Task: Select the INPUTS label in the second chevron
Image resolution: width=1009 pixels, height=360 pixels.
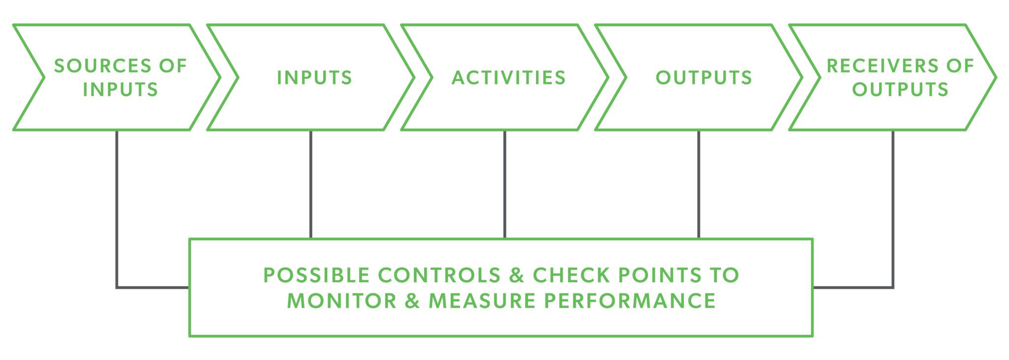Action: pyautogui.click(x=314, y=77)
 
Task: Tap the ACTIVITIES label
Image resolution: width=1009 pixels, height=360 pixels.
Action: pyautogui.click(x=508, y=77)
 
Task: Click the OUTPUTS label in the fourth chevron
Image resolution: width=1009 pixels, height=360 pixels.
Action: pyautogui.click(x=704, y=77)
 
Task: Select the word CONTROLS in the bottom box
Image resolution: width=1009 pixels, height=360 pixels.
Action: pyautogui.click(x=439, y=275)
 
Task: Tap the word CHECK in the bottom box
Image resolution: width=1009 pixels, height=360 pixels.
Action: pyautogui.click(x=571, y=275)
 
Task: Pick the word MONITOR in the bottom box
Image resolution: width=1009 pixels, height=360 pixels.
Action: pyautogui.click(x=341, y=300)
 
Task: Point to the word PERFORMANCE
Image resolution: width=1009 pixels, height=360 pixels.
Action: pyautogui.click(x=630, y=300)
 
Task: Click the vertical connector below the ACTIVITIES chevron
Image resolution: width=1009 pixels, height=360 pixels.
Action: pyautogui.click(x=504, y=184)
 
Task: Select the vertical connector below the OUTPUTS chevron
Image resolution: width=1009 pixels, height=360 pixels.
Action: pyautogui.click(x=699, y=184)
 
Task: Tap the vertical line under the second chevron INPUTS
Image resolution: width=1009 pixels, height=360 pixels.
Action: pyautogui.click(x=310, y=184)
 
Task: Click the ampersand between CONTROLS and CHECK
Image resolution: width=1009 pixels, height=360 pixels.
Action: pyautogui.click(x=517, y=275)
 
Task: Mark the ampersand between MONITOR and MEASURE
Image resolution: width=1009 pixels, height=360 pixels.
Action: pyautogui.click(x=412, y=300)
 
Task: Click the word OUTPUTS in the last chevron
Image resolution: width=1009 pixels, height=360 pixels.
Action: pyautogui.click(x=900, y=89)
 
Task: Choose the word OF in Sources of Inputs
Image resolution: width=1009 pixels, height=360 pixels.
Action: pyautogui.click(x=173, y=65)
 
